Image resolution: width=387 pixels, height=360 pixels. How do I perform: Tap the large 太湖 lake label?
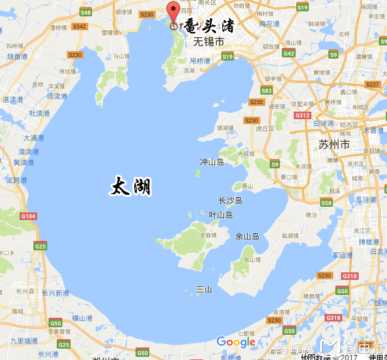[131, 187]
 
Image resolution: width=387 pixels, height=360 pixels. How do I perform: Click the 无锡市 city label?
[208, 42]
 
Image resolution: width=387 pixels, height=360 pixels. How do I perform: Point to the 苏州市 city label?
[333, 145]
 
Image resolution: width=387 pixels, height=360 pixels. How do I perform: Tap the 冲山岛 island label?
[212, 162]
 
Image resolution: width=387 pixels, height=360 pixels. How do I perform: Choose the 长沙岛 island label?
[230, 200]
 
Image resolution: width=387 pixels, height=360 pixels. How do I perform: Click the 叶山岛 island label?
[221, 215]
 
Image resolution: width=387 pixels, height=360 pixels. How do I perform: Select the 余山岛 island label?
[247, 236]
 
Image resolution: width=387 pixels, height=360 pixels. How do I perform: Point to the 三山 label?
[204, 289]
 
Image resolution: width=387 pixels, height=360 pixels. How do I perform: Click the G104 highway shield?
[28, 216]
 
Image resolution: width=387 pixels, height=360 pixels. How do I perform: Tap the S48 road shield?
[86, 13]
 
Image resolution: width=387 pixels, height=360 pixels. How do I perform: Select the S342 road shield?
[79, 26]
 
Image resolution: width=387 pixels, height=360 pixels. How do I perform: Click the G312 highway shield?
[303, 115]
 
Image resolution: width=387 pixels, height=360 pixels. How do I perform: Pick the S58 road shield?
[326, 202]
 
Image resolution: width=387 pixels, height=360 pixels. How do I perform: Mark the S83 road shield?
[267, 91]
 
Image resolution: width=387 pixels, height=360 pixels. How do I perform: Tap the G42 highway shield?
[289, 54]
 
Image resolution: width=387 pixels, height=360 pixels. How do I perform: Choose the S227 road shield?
[373, 84]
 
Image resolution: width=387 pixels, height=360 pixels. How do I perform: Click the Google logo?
[236, 342]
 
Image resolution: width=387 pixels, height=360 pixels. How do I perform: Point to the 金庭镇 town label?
[208, 235]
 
